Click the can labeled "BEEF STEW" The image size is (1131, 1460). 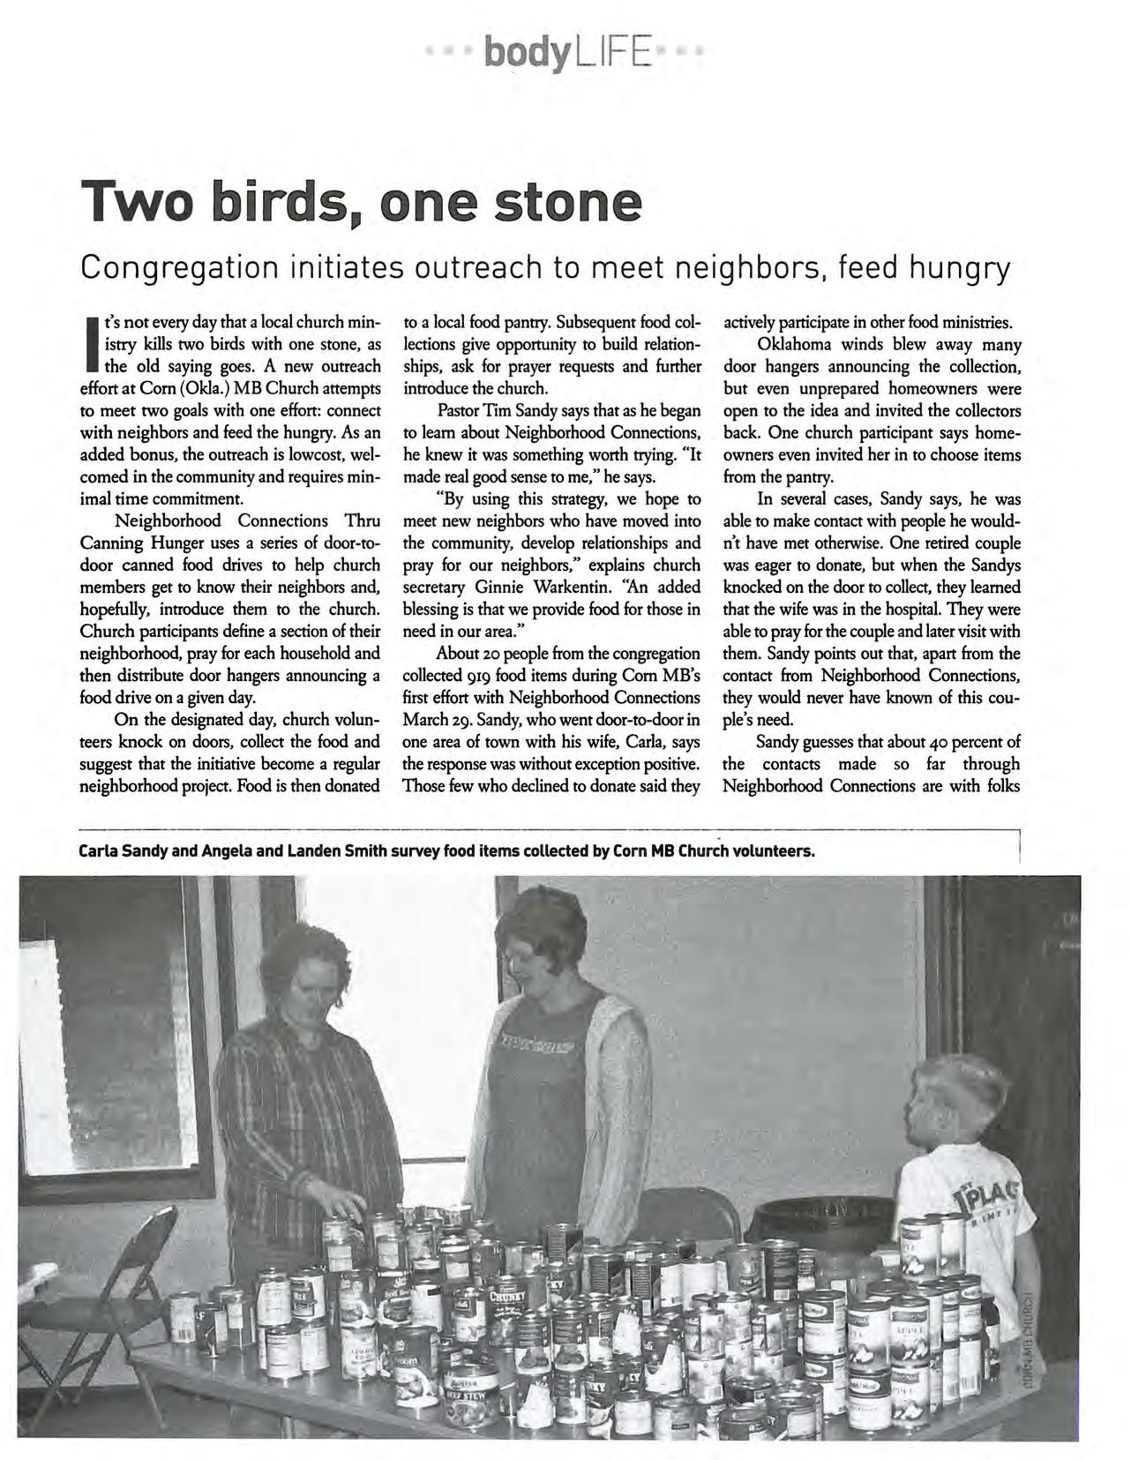pyautogui.click(x=471, y=1396)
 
